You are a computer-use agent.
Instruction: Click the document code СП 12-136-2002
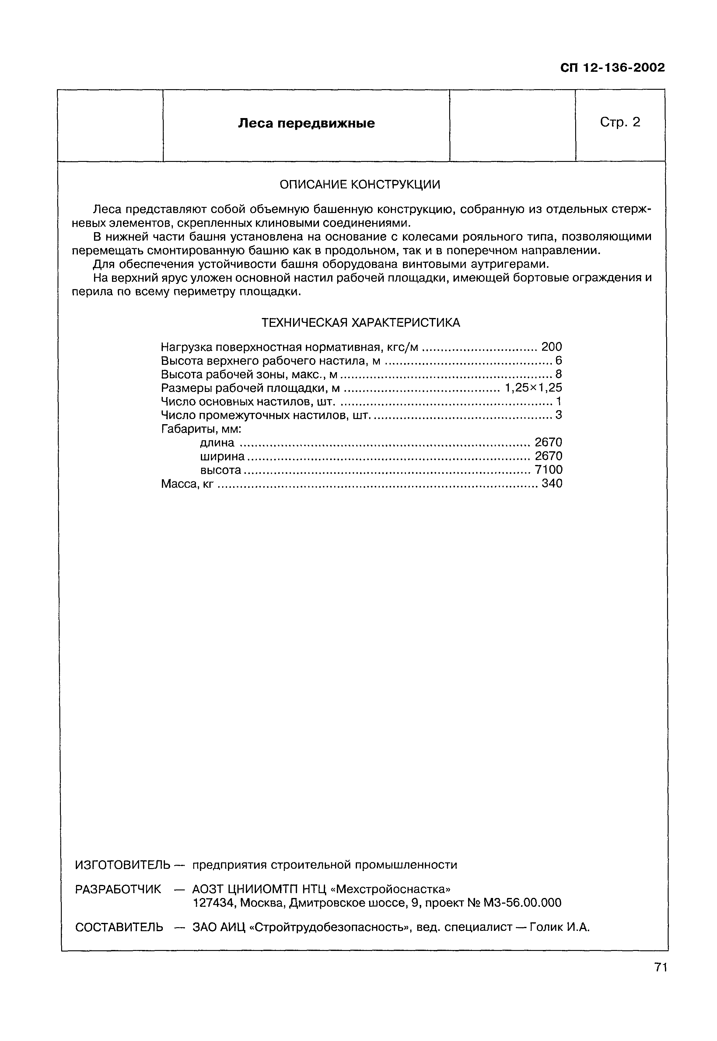pos(612,68)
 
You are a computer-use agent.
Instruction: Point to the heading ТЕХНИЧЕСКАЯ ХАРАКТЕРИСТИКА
pos(361,323)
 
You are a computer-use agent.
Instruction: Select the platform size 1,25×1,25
pos(533,388)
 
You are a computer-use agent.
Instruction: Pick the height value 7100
pos(548,470)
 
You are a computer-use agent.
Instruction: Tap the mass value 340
pos(552,484)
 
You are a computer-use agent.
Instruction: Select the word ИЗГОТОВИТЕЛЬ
pos(123,865)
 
